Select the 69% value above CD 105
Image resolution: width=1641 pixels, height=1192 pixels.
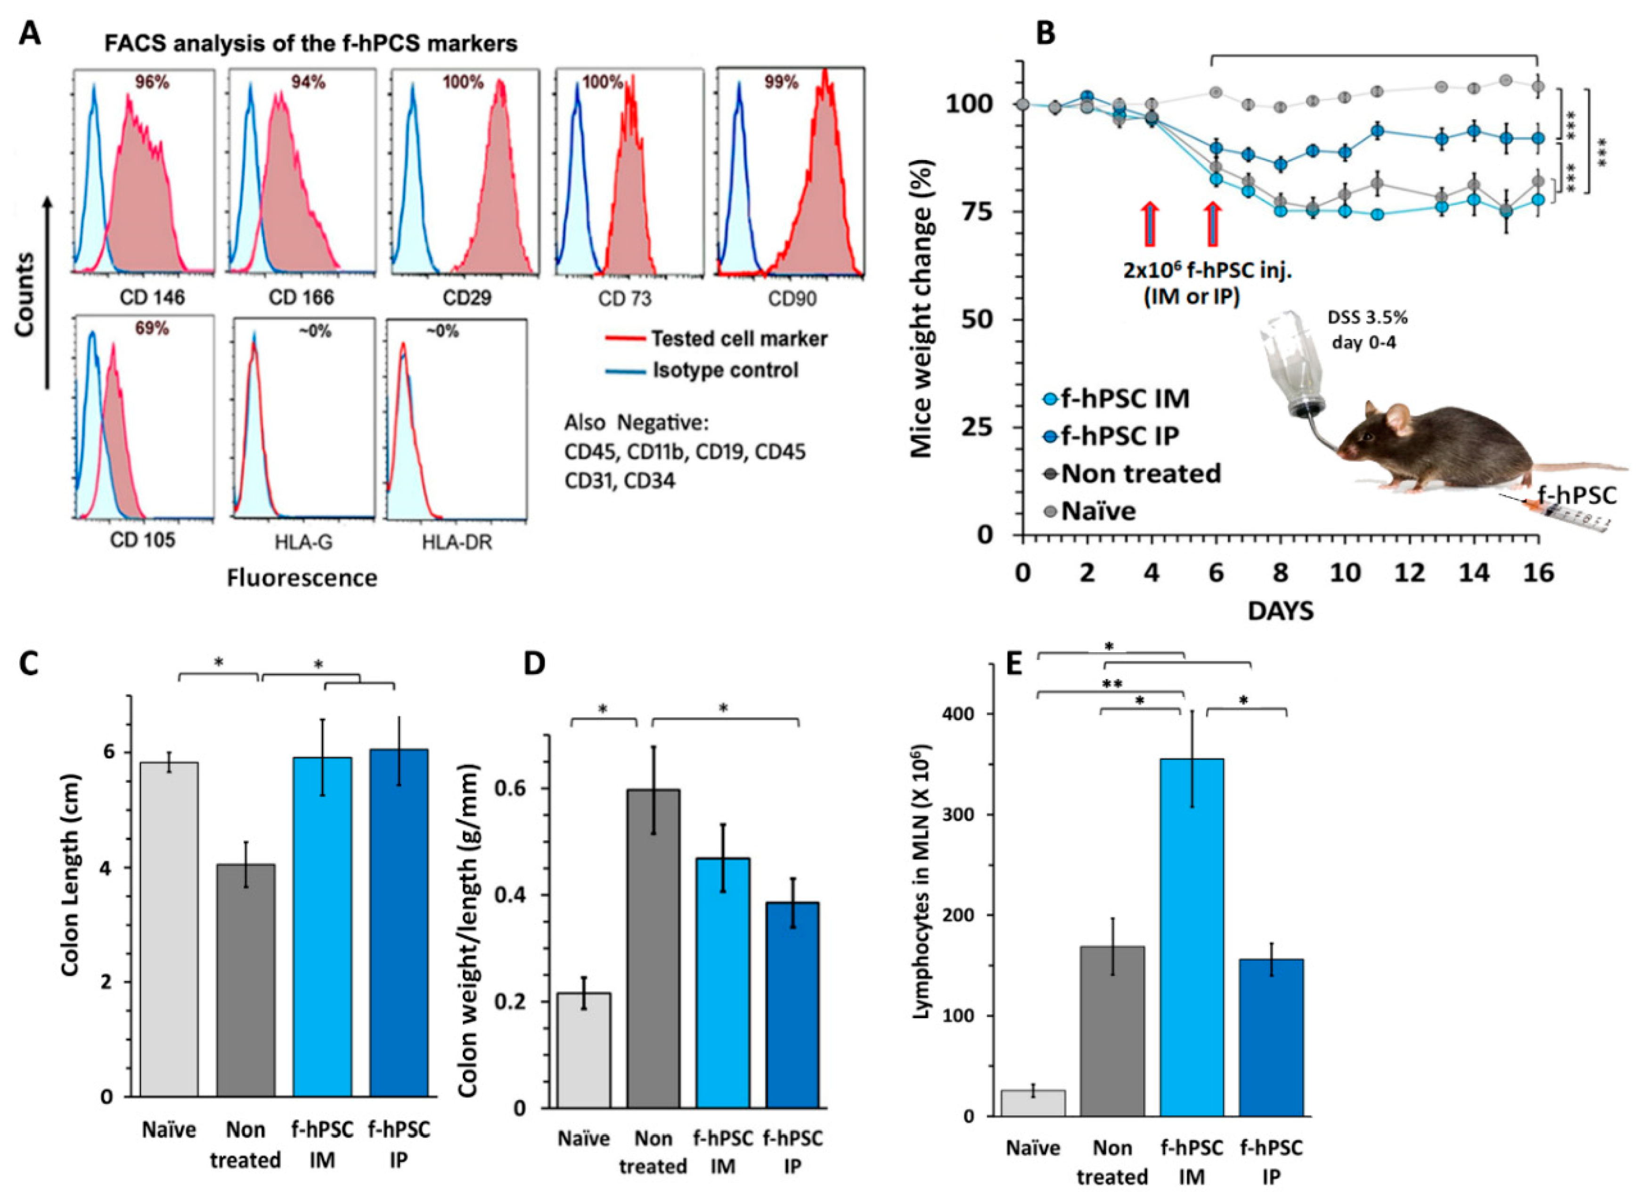tap(152, 329)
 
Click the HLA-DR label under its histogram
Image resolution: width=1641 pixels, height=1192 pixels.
tap(458, 541)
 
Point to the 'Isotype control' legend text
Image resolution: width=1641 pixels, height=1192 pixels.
tap(725, 370)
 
